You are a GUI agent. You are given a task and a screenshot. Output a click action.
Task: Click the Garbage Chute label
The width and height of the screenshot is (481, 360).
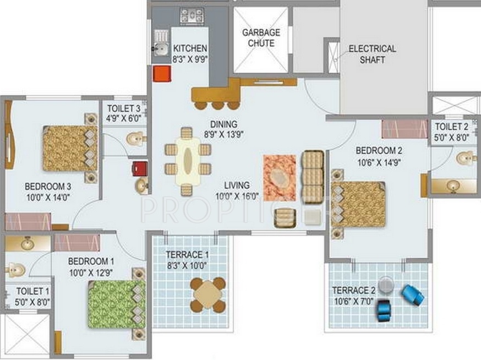click(x=261, y=37)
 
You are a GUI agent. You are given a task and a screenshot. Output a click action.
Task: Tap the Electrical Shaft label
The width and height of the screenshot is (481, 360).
click(x=372, y=54)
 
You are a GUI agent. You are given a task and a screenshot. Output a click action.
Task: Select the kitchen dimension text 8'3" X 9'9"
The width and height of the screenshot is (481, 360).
click(x=190, y=59)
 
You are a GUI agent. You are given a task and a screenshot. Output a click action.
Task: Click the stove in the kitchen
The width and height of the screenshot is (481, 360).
click(x=192, y=15)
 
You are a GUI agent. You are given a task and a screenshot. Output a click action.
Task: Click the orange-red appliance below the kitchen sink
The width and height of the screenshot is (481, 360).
click(x=162, y=74)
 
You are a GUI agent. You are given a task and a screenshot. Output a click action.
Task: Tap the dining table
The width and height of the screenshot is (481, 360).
click(x=188, y=161)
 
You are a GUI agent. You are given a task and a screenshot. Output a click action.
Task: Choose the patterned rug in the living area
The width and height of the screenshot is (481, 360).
click(x=280, y=178)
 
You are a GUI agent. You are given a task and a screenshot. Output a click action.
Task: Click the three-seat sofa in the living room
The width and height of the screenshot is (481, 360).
click(x=313, y=177)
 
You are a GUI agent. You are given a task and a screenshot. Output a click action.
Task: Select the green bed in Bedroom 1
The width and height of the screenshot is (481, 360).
click(x=117, y=304)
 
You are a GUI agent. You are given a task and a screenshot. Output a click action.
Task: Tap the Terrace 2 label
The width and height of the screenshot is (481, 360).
click(x=354, y=290)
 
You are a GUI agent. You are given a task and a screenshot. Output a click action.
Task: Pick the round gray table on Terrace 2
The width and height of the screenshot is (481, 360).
click(x=386, y=285)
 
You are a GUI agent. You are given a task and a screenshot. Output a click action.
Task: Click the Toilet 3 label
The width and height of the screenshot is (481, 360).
click(x=124, y=108)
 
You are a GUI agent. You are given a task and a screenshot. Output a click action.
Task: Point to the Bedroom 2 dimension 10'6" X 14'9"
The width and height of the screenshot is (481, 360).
click(x=379, y=162)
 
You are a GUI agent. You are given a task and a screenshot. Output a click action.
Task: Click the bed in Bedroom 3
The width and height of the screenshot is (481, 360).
click(x=70, y=148)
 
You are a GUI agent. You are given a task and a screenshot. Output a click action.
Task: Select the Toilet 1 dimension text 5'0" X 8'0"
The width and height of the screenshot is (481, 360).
click(x=32, y=302)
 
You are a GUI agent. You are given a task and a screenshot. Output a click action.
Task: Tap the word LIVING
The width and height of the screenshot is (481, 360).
click(x=237, y=186)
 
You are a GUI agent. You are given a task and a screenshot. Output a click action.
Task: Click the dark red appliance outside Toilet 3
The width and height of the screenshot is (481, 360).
click(x=140, y=168)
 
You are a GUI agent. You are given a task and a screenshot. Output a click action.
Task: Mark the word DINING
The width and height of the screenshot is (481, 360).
click(x=224, y=124)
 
